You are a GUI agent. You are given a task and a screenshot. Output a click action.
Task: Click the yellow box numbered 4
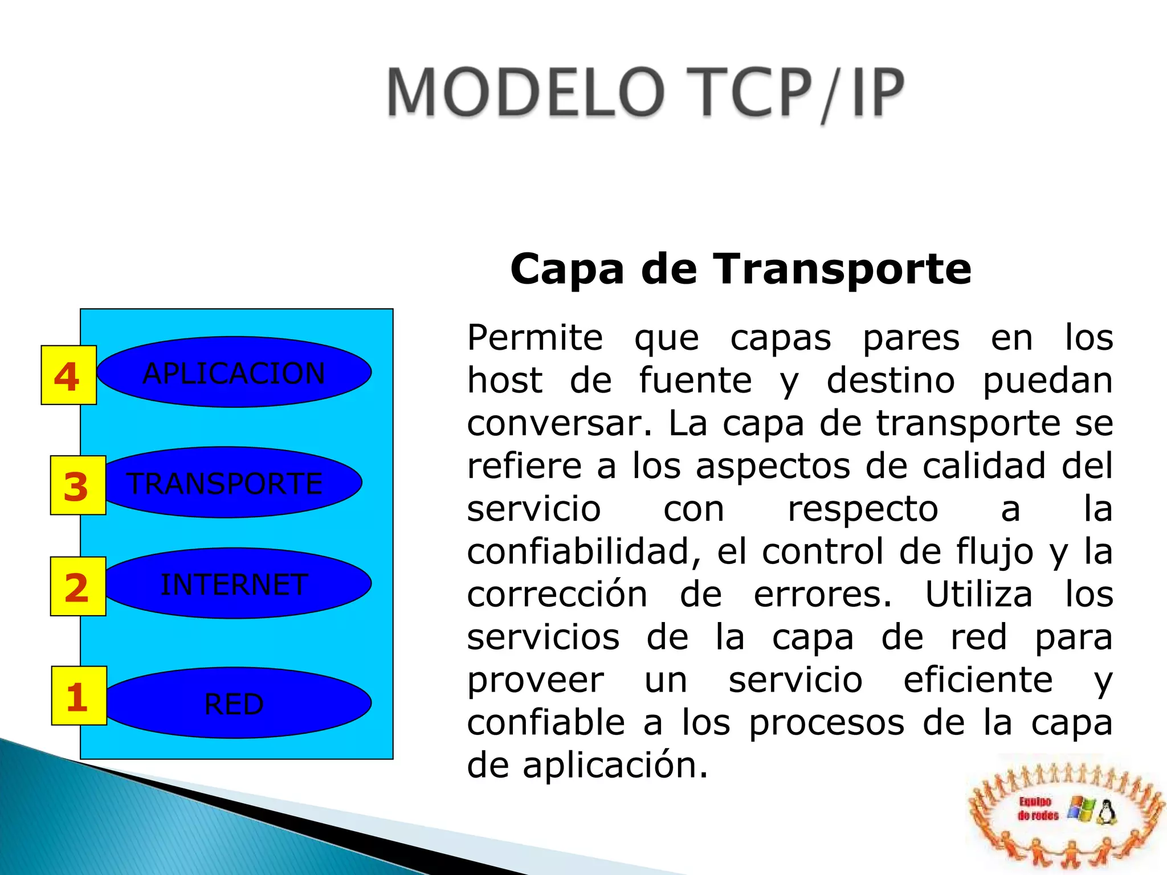click(68, 375)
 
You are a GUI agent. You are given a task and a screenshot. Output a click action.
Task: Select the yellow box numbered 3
click(77, 485)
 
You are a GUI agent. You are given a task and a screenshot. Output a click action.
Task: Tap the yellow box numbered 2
click(77, 586)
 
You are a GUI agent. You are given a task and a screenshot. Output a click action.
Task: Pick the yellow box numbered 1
click(79, 696)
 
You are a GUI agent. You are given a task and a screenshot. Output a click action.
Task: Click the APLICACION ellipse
click(235, 372)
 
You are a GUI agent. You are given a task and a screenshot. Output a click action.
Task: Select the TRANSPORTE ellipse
click(231, 483)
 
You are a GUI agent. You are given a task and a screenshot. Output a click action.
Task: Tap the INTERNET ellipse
click(236, 583)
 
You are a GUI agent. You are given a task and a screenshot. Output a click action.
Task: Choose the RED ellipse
click(236, 703)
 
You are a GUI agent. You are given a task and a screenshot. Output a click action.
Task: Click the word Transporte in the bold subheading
click(842, 269)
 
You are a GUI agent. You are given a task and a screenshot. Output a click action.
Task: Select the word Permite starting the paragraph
click(534, 338)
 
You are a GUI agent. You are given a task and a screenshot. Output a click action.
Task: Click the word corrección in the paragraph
click(557, 594)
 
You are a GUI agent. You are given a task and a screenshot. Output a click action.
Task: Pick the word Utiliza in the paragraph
click(978, 594)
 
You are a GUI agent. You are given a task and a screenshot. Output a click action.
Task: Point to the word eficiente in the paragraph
click(978, 680)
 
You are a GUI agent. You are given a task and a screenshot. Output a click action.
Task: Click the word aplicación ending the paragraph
click(615, 765)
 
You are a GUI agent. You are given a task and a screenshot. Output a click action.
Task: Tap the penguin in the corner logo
click(1106, 812)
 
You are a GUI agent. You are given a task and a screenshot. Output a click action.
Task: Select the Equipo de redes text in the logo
click(1038, 809)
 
